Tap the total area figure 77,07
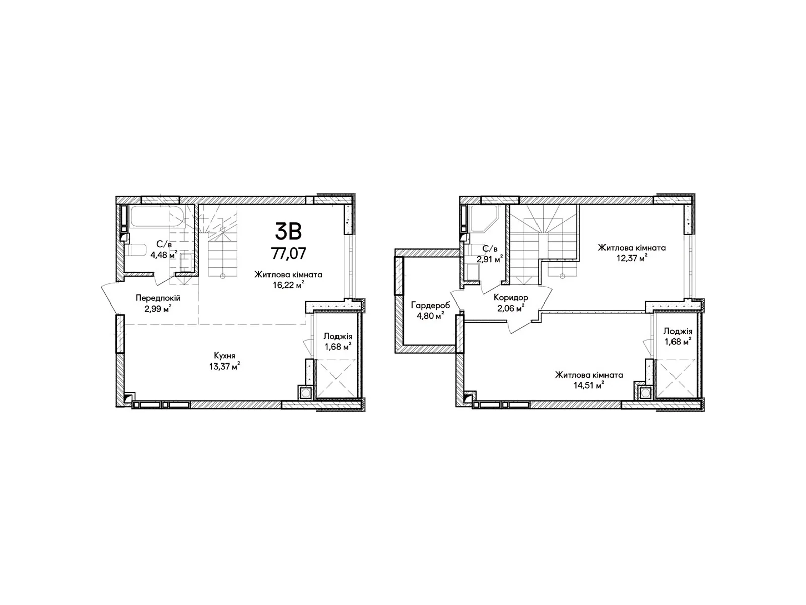point(288,253)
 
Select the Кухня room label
point(224,355)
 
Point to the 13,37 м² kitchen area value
point(224,366)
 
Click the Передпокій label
point(158,298)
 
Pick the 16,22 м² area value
point(288,285)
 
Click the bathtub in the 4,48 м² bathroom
point(157,216)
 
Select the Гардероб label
point(430,305)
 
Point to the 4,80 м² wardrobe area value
point(430,315)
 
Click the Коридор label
point(511,297)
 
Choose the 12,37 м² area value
point(632,258)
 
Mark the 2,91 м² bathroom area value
point(490,259)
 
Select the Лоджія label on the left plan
point(338,336)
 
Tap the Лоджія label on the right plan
point(678,331)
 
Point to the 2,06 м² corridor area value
point(511,308)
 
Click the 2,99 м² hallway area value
point(158,309)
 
